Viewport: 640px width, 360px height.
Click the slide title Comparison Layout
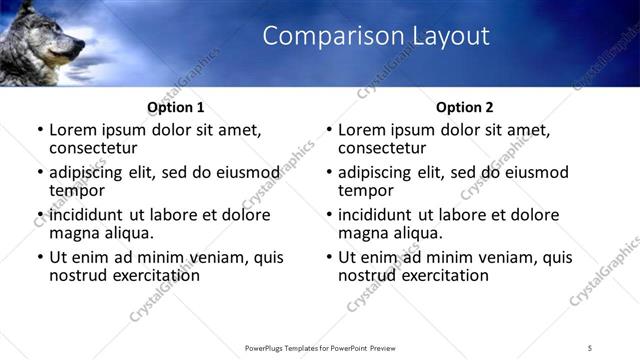(x=376, y=37)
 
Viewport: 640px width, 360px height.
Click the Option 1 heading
(x=175, y=107)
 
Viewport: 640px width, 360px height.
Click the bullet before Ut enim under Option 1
(x=39, y=257)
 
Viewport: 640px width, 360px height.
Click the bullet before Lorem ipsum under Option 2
(x=328, y=130)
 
